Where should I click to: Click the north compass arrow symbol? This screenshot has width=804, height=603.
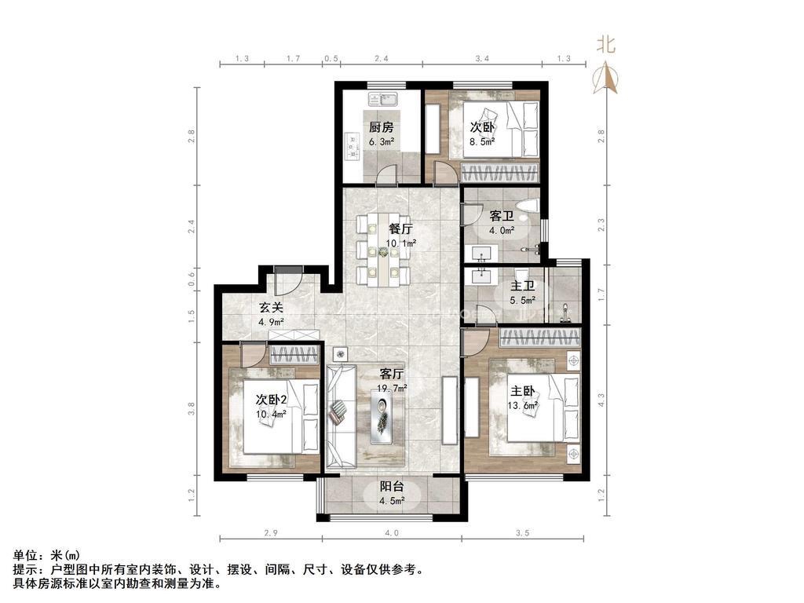point(607,77)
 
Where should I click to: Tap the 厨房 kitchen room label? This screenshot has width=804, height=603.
point(381,127)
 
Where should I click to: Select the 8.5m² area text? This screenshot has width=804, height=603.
point(482,142)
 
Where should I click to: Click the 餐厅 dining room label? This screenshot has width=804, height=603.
point(400,229)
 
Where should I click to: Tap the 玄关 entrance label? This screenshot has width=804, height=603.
point(272,307)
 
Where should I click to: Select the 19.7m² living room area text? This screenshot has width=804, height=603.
point(392,387)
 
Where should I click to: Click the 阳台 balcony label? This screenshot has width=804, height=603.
point(391,487)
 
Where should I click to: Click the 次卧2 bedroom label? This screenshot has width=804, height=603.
point(271,398)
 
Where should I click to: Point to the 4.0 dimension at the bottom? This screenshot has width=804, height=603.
point(392,533)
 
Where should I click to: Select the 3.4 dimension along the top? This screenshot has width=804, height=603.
point(482,58)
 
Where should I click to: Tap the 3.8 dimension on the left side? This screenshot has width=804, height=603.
point(191,408)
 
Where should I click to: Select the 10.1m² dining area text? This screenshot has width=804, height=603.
point(400,243)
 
